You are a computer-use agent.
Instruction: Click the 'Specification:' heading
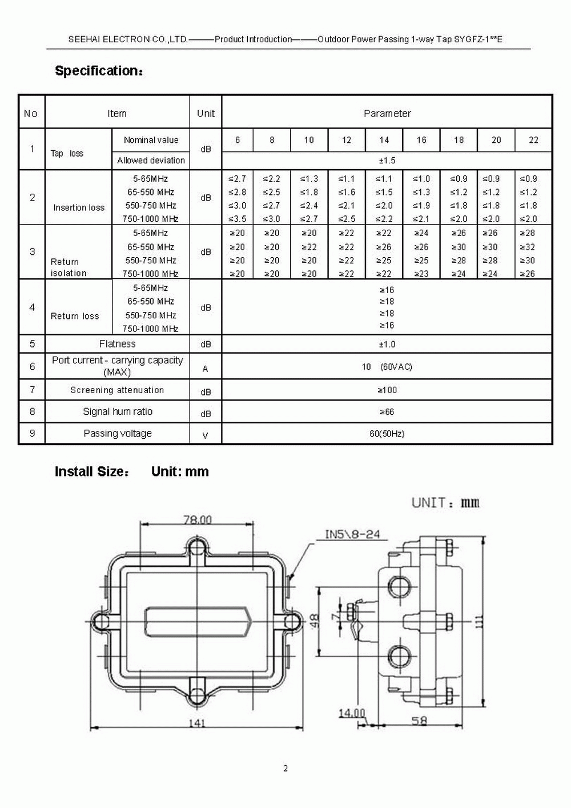(x=99, y=71)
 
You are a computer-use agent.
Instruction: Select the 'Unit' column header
(x=206, y=113)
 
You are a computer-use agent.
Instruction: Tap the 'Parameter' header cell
(x=387, y=113)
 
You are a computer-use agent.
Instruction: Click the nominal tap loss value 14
(x=384, y=140)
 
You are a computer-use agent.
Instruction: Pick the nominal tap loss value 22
(x=533, y=140)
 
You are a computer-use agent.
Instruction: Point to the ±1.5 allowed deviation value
(x=387, y=161)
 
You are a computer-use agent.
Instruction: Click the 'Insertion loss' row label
(x=79, y=207)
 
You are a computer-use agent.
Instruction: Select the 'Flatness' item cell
(x=117, y=344)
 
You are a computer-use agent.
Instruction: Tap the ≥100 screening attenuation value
(x=387, y=390)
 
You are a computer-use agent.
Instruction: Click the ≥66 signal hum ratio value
(x=387, y=412)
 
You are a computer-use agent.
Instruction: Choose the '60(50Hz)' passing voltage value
(x=387, y=434)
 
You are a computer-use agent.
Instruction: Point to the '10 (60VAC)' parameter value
(x=387, y=367)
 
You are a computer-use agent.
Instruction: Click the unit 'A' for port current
(x=206, y=369)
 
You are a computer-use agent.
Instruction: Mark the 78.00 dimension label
(x=198, y=519)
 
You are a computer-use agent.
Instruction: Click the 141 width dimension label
(x=197, y=723)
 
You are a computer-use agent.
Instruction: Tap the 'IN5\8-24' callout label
(x=352, y=535)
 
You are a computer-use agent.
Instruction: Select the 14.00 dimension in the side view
(x=352, y=713)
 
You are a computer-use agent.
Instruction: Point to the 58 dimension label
(x=419, y=721)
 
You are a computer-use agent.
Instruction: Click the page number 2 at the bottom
(x=285, y=769)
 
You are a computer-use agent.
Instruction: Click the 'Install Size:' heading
(x=92, y=472)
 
